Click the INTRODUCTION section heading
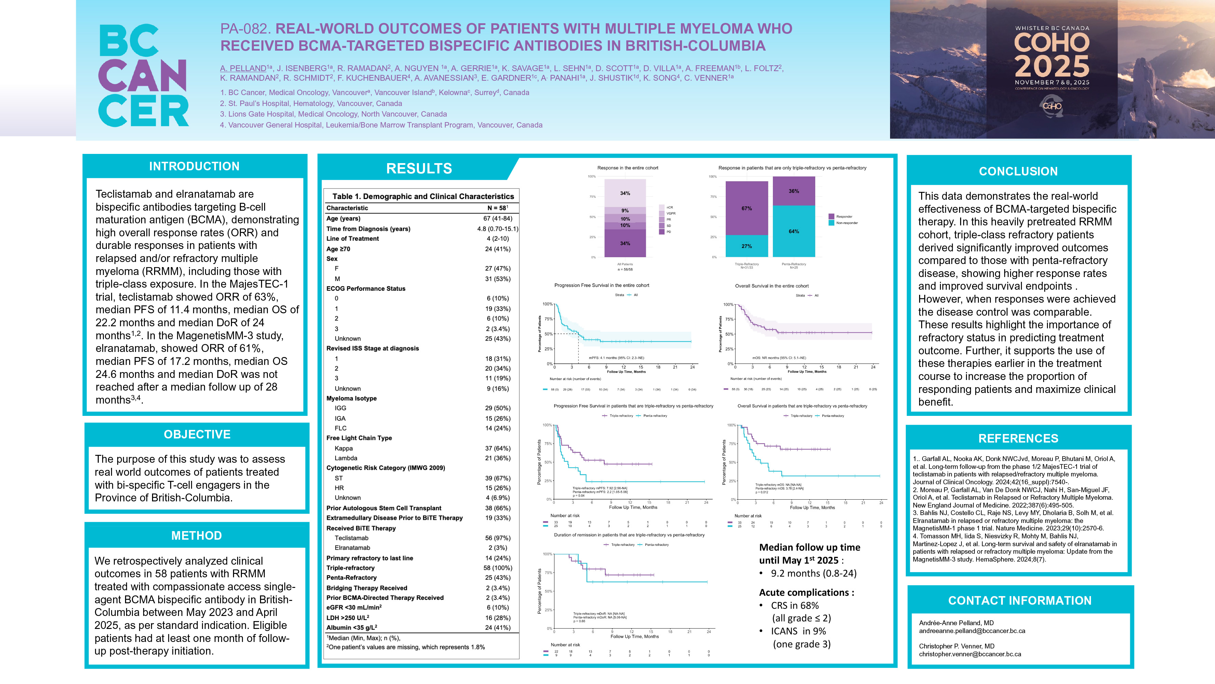(x=194, y=166)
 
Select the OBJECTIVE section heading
(x=197, y=434)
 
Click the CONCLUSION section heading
(x=1018, y=171)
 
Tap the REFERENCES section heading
(x=1018, y=438)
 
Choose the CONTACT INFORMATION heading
(x=1020, y=601)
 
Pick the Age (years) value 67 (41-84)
(x=497, y=219)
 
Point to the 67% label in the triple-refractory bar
(x=747, y=208)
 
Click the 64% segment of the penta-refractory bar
(x=794, y=231)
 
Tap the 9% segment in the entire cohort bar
(x=625, y=211)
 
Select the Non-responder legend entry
(x=847, y=223)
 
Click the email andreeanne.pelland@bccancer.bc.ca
(x=972, y=631)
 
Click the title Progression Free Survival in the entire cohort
(x=601, y=286)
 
